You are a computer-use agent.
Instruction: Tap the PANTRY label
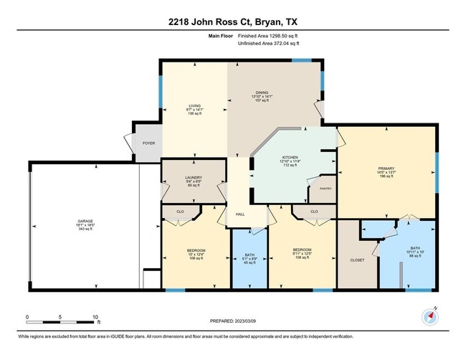(x=325, y=189)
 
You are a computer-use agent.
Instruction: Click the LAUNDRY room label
(x=194, y=181)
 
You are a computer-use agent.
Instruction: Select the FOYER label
(x=148, y=143)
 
